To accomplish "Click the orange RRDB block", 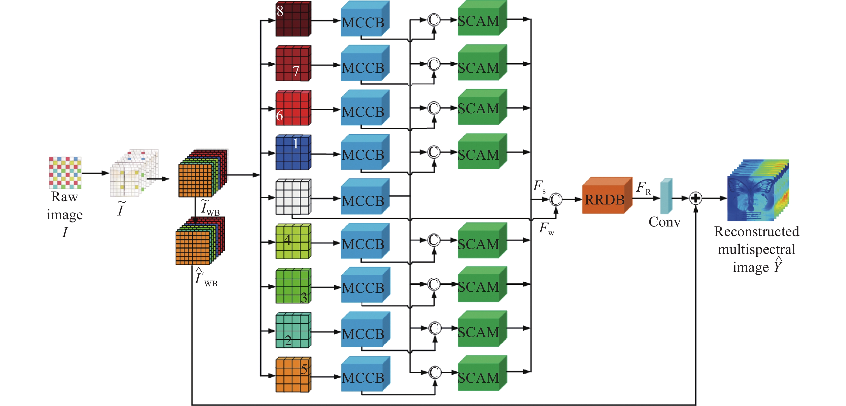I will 606,196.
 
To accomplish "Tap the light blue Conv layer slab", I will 666,196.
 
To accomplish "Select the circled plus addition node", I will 695,198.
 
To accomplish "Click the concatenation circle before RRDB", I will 556,199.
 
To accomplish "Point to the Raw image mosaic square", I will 65,173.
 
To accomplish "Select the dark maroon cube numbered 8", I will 293,19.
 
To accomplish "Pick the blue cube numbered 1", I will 293,152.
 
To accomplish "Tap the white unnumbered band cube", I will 293,197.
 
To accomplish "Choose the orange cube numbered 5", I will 293,375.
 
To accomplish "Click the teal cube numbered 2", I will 293,330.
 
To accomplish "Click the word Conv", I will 664,222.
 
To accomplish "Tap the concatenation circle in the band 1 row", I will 433,152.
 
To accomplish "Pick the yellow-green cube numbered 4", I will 293,241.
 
